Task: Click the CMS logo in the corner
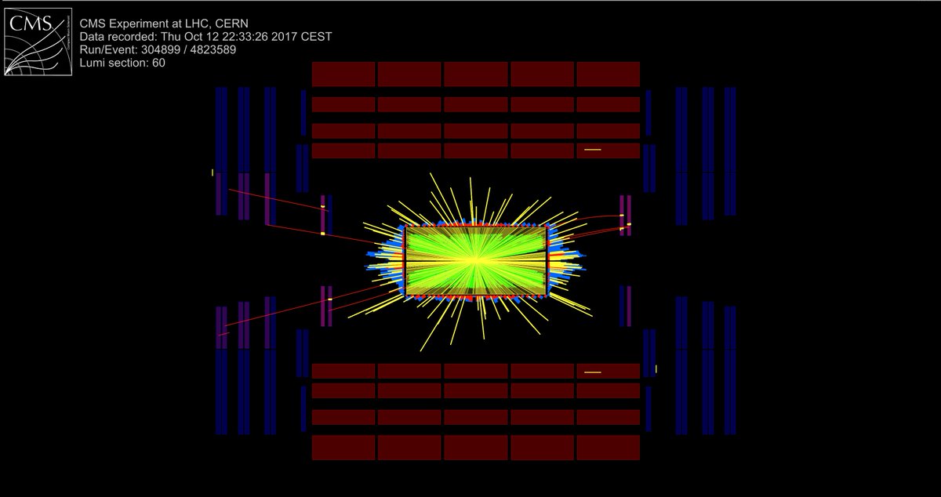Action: (38, 42)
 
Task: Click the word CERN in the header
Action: (231, 24)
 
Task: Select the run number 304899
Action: (161, 49)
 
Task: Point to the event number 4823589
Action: (213, 49)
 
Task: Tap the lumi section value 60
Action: (158, 63)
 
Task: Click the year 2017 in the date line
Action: (285, 37)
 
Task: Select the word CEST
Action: (316, 37)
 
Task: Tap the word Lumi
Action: (92, 63)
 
